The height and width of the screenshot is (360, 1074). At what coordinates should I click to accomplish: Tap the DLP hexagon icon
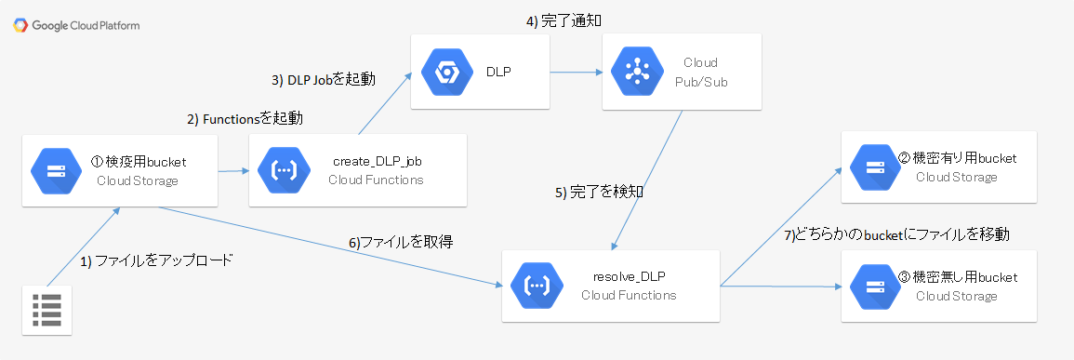pyautogui.click(x=444, y=72)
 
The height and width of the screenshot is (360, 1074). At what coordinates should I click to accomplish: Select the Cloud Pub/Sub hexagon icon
pyautogui.click(x=635, y=72)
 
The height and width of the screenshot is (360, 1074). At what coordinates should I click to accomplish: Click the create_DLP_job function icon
pyautogui.click(x=283, y=171)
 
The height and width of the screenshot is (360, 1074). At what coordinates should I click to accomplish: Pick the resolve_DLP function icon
pyautogui.click(x=536, y=287)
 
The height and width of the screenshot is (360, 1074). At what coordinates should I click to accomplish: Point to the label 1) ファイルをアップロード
pyautogui.click(x=155, y=260)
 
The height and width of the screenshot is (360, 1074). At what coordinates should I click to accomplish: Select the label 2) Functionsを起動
pyautogui.click(x=245, y=119)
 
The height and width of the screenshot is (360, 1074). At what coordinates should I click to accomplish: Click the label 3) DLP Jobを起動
pyautogui.click(x=324, y=80)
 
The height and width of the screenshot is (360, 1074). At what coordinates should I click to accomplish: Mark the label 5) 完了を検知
pyautogui.click(x=599, y=193)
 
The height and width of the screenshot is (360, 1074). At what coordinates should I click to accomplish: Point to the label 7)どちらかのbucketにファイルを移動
pyautogui.click(x=896, y=234)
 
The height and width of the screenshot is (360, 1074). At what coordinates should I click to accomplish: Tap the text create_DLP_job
pyautogui.click(x=377, y=162)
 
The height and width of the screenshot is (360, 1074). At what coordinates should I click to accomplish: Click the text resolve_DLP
pyautogui.click(x=629, y=277)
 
